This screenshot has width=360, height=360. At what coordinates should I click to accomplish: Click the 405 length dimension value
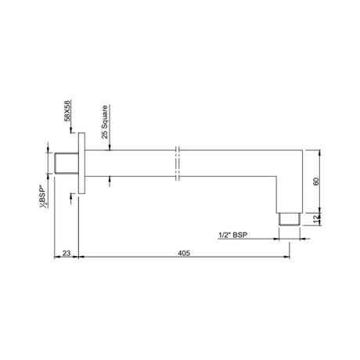coord(184,253)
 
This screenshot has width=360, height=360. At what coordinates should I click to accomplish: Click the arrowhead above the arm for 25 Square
coord(111,150)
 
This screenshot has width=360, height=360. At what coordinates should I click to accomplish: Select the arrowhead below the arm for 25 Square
coord(111,182)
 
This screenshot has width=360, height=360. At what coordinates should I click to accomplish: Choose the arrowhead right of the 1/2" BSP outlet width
coord(298,239)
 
